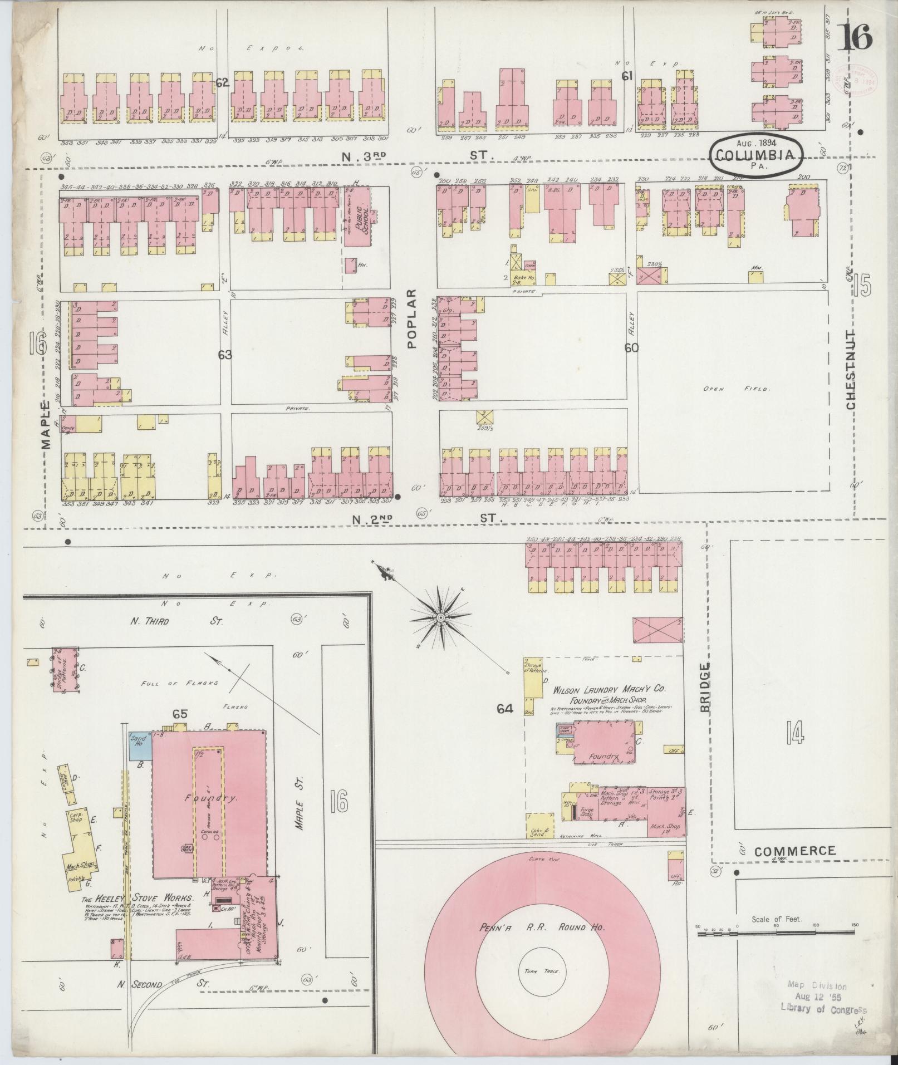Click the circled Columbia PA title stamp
755,155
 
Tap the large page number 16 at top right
855,37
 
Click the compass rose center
440,618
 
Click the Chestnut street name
851,369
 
